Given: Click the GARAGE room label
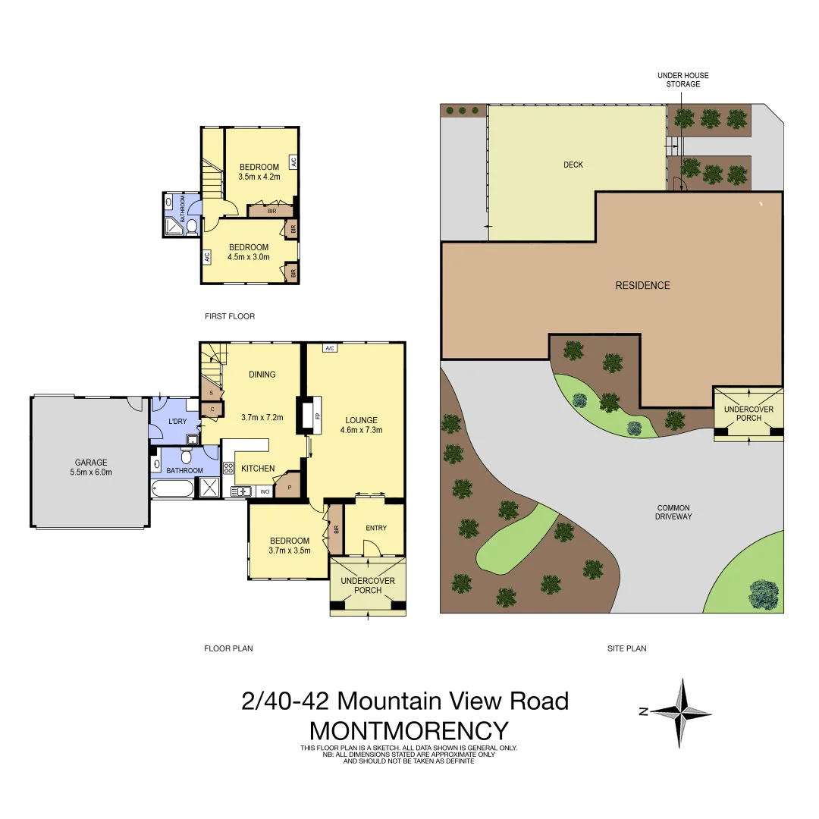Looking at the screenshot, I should [90, 462].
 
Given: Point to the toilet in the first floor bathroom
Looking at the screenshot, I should [192, 225].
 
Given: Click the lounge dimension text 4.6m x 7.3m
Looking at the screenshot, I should [361, 429].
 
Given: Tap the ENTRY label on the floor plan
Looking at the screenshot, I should [375, 529].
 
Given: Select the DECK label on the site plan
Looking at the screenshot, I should [573, 165].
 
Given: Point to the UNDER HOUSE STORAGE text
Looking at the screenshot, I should [682, 80].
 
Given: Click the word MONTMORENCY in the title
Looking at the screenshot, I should [409, 730].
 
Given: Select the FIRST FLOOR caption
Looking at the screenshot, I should [230, 316].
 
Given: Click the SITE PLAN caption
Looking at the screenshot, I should [626, 648].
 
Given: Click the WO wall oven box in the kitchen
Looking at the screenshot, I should [265, 491].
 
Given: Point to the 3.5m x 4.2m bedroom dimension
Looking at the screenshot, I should [259, 177].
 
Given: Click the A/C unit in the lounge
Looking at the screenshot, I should [329, 348].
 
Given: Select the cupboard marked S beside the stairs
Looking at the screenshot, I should [211, 393].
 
